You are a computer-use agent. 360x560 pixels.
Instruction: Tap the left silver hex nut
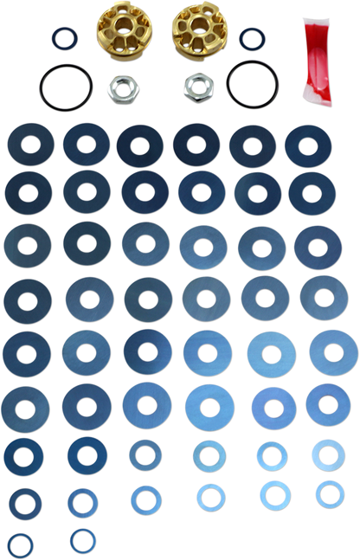[x=119, y=86]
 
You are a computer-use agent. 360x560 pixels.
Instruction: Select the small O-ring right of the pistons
[x=251, y=39]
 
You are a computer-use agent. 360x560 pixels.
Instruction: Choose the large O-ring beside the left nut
[x=64, y=86]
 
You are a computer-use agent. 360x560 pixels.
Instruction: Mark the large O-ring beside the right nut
[x=252, y=85]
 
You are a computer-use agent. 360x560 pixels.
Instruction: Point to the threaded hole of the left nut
[x=119, y=86]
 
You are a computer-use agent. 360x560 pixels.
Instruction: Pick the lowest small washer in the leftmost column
[x=20, y=544]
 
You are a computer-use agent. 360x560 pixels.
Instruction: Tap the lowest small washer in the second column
[x=82, y=539]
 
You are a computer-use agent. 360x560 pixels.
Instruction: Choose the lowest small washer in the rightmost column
[x=329, y=492]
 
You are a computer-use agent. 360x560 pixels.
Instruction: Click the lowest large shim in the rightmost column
[x=327, y=403]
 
